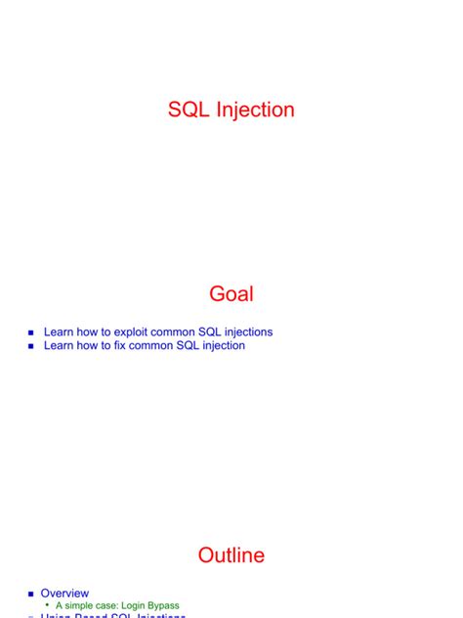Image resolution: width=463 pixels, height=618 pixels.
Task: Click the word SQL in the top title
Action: (187, 110)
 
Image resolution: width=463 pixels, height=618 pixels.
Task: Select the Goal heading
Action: (231, 294)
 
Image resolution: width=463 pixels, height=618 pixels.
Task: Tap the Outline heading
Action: (231, 555)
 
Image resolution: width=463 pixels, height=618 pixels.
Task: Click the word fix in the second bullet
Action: (124, 346)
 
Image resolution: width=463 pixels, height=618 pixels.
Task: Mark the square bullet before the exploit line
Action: (31, 333)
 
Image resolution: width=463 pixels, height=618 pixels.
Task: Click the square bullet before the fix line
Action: (31, 347)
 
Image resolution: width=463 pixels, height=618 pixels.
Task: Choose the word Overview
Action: (64, 594)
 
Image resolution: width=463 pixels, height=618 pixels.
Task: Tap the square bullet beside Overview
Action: (31, 595)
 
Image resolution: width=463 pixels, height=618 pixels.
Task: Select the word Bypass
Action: (167, 606)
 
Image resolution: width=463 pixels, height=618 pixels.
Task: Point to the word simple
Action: (82, 606)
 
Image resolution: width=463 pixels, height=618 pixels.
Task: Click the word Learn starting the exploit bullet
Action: (60, 332)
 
